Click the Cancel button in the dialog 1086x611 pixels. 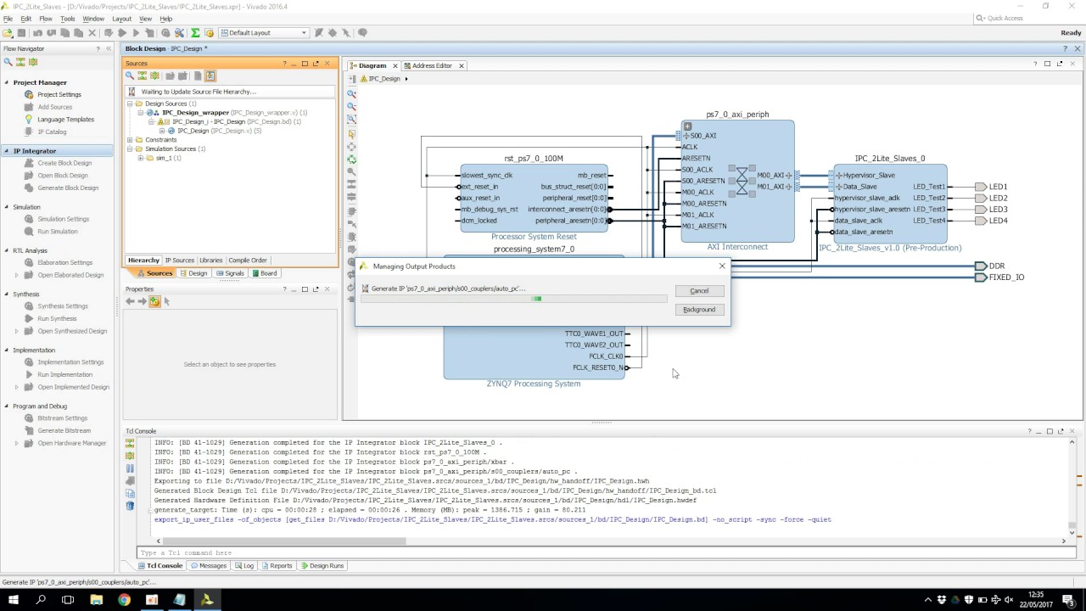pos(698,291)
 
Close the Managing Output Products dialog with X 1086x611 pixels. pos(722,266)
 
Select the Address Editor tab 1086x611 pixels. pos(432,65)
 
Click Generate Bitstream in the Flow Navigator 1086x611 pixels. pos(64,430)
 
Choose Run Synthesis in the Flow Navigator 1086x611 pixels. pos(57,318)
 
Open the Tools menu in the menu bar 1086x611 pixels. pos(68,19)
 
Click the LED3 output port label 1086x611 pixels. pos(998,210)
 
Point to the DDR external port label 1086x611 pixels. pos(996,266)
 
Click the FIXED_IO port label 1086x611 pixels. pos(1006,277)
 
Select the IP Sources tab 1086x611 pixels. pos(179,261)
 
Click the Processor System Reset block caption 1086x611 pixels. pos(534,237)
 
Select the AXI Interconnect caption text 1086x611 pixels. pos(737,247)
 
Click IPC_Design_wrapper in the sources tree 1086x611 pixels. pos(195,113)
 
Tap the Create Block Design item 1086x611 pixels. pos(64,163)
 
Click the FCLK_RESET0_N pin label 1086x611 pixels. pos(597,367)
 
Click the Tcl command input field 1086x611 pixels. pos(594,552)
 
